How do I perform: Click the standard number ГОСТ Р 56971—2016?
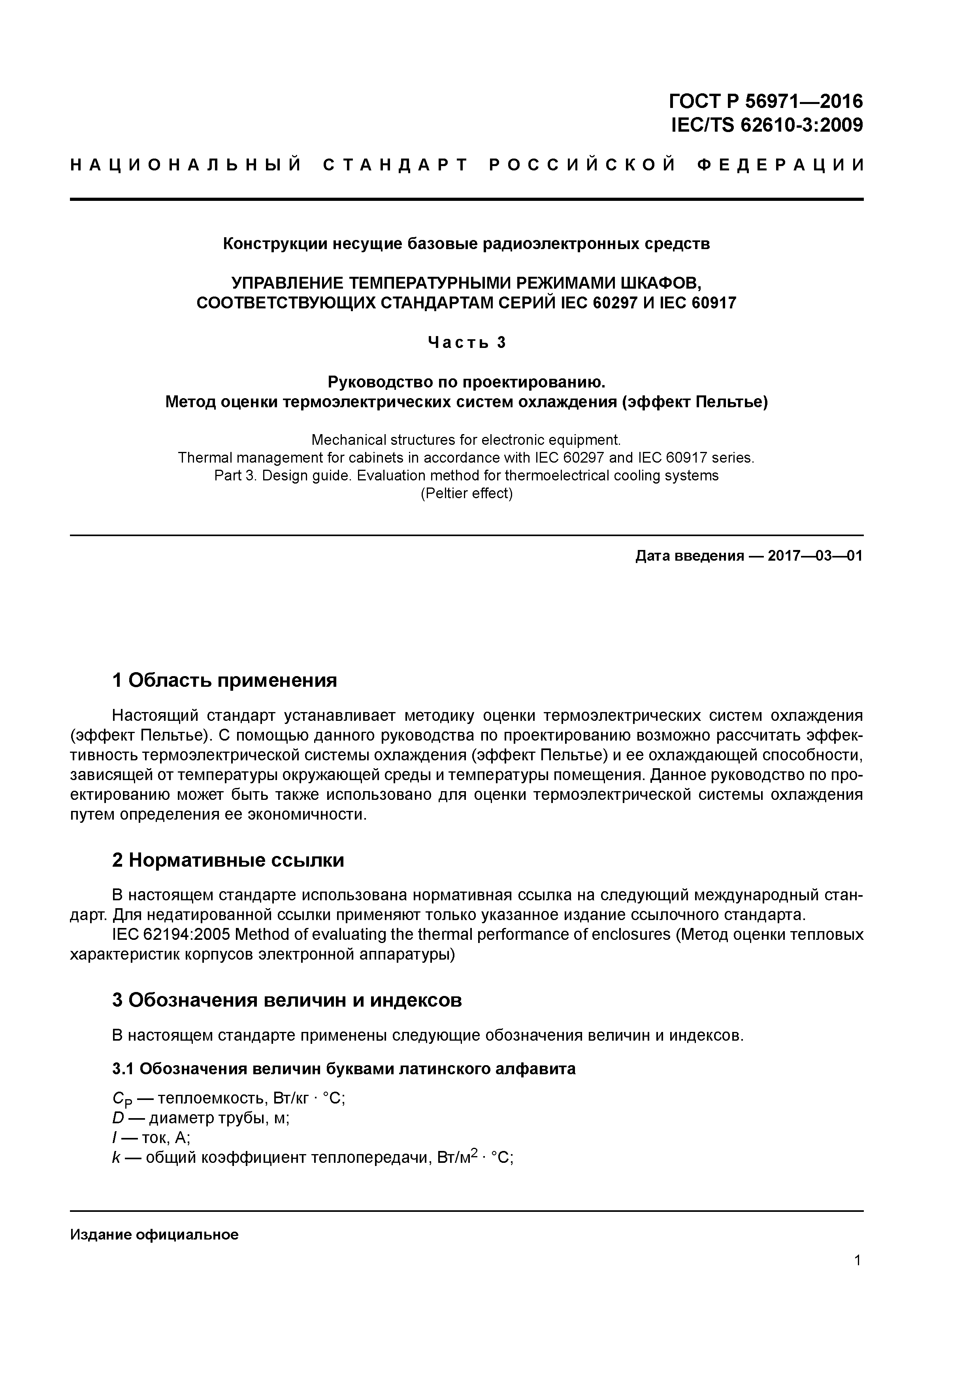click(766, 100)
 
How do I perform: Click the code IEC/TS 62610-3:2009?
click(767, 125)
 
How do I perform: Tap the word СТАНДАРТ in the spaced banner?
click(396, 165)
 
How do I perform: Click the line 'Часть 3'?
click(466, 342)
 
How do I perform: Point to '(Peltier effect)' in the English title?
click(466, 493)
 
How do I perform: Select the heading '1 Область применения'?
click(224, 681)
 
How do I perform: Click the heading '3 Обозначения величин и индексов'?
click(287, 1000)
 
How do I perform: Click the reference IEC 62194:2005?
click(171, 935)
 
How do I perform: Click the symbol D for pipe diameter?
click(118, 1118)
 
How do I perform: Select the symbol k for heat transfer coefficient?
click(117, 1158)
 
